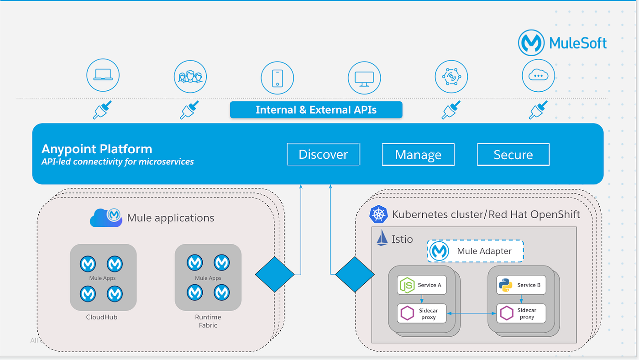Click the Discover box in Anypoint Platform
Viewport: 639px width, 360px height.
pyautogui.click(x=323, y=154)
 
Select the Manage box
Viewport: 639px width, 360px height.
pyautogui.click(x=418, y=155)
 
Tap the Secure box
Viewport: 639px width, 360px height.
pyautogui.click(x=513, y=155)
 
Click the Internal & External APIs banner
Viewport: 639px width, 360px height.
pyautogui.click(x=316, y=110)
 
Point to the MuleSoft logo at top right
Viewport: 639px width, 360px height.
pyautogui.click(x=562, y=43)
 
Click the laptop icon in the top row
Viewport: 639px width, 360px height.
pyautogui.click(x=103, y=76)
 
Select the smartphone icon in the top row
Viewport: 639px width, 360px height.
pyautogui.click(x=277, y=78)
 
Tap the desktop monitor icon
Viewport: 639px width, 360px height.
pyautogui.click(x=364, y=78)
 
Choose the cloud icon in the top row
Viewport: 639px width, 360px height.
pyautogui.click(x=538, y=76)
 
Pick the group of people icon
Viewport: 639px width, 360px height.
pyautogui.click(x=190, y=76)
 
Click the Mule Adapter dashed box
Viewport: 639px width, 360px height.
pyautogui.click(x=475, y=251)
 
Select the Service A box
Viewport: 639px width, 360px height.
pyautogui.click(x=421, y=285)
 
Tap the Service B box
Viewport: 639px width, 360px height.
pyautogui.click(x=521, y=285)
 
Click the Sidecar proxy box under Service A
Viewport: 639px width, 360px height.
pyautogui.click(x=421, y=313)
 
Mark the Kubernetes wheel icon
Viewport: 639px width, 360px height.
pyautogui.click(x=378, y=214)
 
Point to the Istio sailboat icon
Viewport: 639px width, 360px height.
pyautogui.click(x=382, y=238)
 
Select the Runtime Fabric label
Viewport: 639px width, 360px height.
pyautogui.click(x=208, y=321)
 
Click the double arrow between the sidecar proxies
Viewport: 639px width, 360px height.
pyautogui.click(x=471, y=313)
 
